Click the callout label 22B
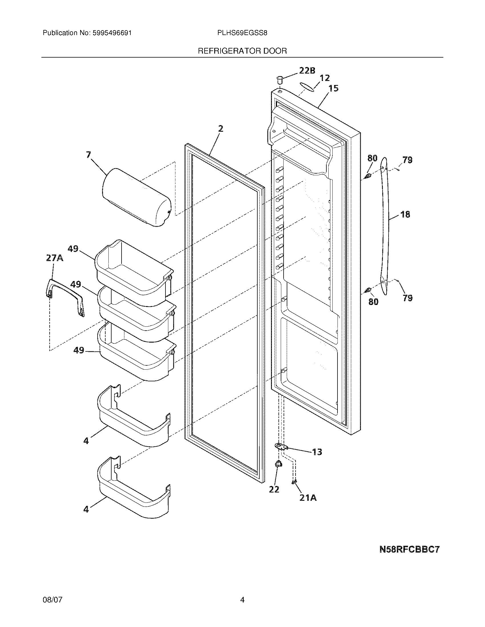[307, 71]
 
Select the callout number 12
[324, 78]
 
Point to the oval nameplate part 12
[307, 86]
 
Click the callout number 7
[88, 155]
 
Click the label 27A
[54, 258]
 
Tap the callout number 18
[405, 214]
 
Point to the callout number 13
[317, 452]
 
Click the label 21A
[308, 498]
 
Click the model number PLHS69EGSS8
[242, 33]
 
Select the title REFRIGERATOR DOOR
[242, 51]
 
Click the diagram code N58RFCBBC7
[409, 549]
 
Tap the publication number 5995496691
[112, 33]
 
